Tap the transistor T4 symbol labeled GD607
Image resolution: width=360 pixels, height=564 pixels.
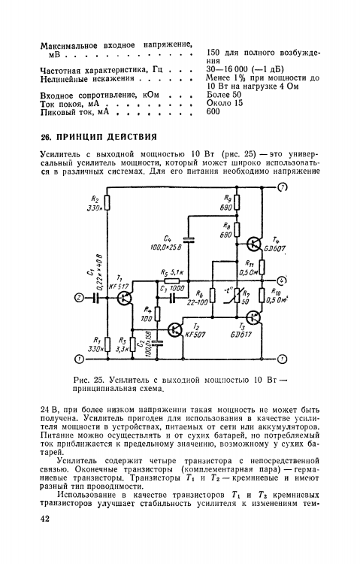tap(256, 245)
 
